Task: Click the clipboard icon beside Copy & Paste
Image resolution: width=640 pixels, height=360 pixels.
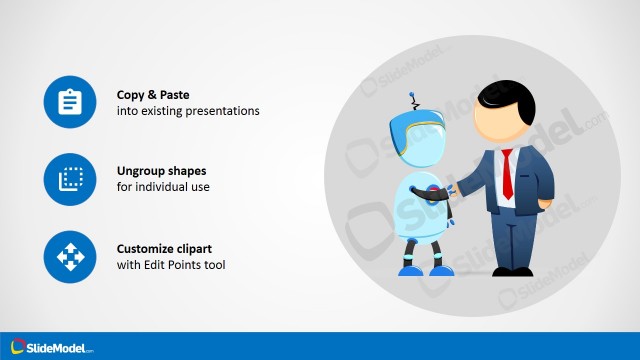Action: tap(70, 102)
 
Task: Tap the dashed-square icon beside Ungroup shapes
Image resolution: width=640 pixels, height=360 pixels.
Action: tap(70, 179)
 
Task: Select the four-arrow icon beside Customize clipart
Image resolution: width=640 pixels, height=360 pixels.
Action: tap(70, 257)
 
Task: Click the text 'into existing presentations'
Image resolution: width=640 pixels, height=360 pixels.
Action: tap(188, 111)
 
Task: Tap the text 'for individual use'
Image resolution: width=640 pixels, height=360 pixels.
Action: tap(163, 187)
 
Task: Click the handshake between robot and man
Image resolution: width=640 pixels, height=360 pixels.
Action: tap(450, 189)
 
